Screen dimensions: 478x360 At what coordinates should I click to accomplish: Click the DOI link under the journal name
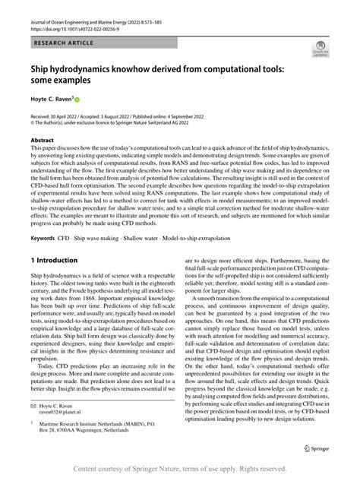(68, 30)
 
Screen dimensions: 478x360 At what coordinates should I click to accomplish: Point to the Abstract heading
(43, 141)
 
